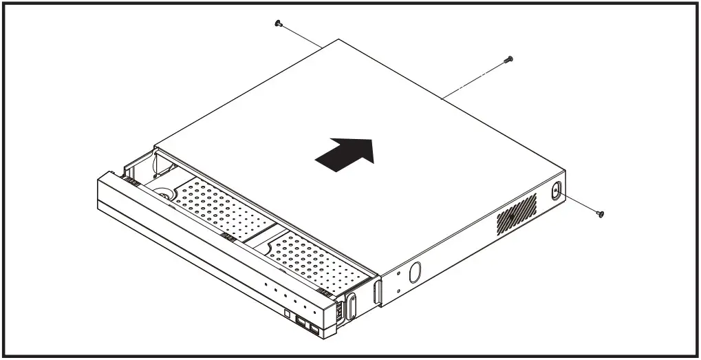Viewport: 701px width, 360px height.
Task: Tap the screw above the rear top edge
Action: (x=508, y=59)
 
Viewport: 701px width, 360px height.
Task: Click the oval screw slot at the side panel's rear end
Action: (x=555, y=191)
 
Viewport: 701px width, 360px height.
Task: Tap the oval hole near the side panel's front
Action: (x=414, y=271)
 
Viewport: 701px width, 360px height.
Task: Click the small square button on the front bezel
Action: (x=285, y=315)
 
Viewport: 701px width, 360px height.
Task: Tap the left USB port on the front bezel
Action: (x=301, y=323)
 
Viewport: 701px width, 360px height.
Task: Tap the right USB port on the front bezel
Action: (x=314, y=330)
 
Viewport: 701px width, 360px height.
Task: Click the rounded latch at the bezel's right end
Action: (x=352, y=303)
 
